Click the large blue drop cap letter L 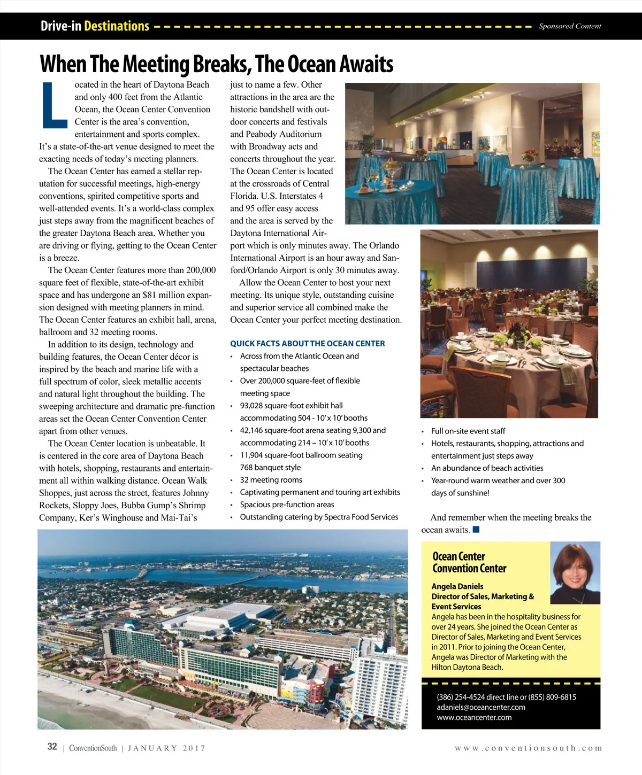(x=55, y=105)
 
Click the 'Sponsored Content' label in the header (x=569, y=26)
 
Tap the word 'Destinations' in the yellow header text (x=117, y=26)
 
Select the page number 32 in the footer (x=52, y=747)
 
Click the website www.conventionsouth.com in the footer (x=528, y=748)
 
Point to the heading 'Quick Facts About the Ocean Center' (x=307, y=344)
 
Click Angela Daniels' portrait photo (x=575, y=573)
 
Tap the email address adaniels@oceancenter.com (x=480, y=707)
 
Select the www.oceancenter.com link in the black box (x=474, y=717)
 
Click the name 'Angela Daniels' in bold (x=457, y=586)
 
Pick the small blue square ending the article (x=476, y=530)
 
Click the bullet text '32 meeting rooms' (x=271, y=480)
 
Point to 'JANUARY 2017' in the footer (x=166, y=748)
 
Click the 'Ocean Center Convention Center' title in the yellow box (x=469, y=562)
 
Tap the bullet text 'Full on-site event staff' (x=468, y=431)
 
